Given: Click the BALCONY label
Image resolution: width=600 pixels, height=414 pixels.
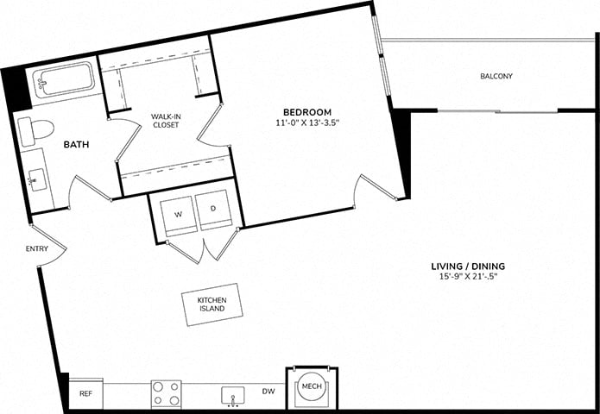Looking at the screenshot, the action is [496, 76].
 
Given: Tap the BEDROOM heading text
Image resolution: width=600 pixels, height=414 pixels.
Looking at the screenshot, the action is [307, 112].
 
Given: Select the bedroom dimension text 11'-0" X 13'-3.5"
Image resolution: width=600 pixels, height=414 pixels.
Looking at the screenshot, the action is [307, 123].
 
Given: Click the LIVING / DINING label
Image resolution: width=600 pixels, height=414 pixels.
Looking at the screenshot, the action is [468, 267].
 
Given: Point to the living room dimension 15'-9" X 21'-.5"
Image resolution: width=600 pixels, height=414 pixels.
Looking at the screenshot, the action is [468, 277].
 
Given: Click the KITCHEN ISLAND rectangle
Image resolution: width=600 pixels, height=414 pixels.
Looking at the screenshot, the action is [212, 304].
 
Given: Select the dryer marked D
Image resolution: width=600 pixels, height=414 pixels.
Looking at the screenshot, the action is [213, 210].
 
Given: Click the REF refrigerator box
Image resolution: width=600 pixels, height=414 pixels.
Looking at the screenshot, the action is [85, 394].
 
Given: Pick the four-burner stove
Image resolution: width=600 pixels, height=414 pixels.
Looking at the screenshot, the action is [166, 394].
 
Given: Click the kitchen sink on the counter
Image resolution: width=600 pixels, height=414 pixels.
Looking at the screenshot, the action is [232, 397].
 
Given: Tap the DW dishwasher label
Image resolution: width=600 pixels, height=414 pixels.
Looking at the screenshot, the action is [268, 392].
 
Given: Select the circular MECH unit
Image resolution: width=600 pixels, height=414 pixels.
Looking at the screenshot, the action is [310, 386].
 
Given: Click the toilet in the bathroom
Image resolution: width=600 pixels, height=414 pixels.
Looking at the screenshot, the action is [36, 131].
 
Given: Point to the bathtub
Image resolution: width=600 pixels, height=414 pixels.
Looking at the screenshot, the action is [63, 80].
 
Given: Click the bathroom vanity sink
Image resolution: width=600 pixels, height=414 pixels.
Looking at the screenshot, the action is [37, 179].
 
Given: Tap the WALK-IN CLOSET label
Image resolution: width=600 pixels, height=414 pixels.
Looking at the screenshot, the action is [165, 121].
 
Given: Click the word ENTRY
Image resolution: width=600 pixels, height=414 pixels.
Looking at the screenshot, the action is [37, 249].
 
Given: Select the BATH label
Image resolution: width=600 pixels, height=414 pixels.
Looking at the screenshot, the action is [76, 145].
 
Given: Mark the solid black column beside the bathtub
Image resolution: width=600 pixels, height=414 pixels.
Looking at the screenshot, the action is [16, 89].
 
